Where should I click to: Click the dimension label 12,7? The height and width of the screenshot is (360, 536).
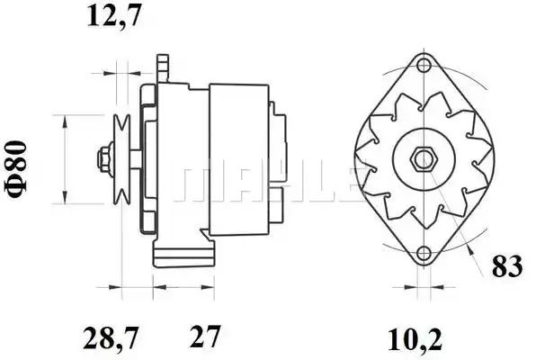coord(114,15)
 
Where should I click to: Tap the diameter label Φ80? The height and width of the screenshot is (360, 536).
coord(15,168)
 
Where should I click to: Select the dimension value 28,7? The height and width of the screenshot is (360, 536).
coord(111,337)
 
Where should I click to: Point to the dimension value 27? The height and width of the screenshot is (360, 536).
coord(205,337)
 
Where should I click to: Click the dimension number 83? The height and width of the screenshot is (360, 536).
coord(507,265)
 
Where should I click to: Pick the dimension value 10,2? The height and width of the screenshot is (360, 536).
coord(415,340)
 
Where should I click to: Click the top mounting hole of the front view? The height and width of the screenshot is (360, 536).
coord(424,65)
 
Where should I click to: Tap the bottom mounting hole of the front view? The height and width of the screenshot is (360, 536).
coord(424,253)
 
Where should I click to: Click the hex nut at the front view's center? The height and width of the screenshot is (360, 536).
coord(423,160)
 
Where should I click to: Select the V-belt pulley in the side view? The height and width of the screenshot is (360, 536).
coord(122,159)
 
